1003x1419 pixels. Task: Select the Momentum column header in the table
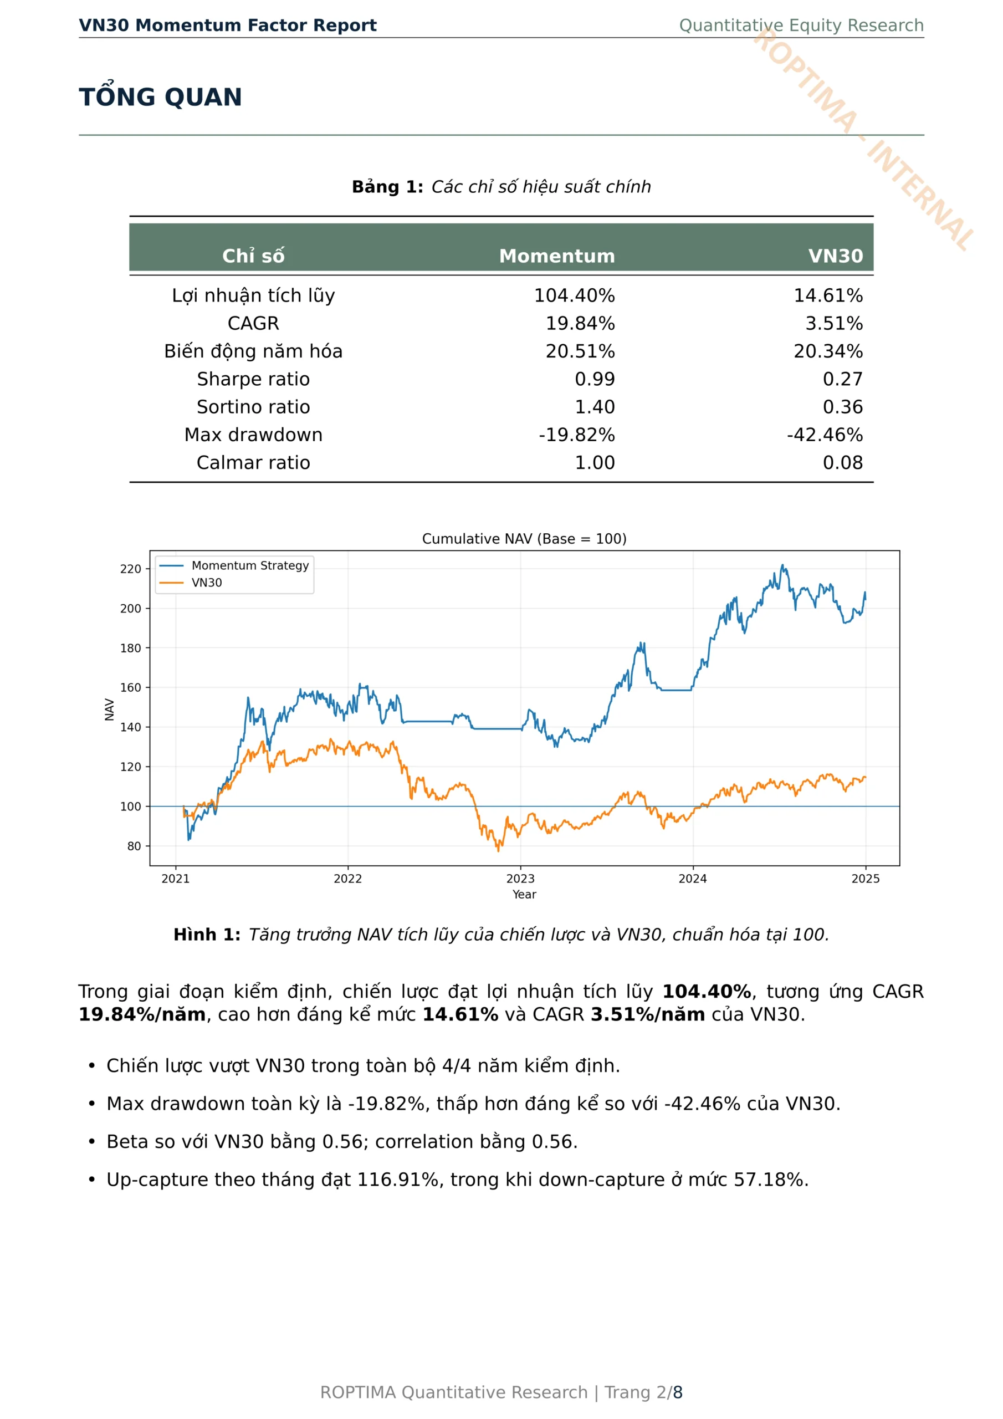[557, 256]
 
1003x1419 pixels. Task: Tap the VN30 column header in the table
[836, 256]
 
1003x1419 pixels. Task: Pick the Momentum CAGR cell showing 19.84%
[580, 323]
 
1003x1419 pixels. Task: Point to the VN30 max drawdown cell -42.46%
[825, 435]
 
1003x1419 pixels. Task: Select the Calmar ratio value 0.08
[842, 462]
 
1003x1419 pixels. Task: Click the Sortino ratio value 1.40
[595, 407]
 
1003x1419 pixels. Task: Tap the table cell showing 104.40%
[574, 295]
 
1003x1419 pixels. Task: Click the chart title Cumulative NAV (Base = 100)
[524, 538]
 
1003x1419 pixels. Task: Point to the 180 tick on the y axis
[130, 648]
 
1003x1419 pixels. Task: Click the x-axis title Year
[524, 894]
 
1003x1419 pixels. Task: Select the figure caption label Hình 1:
[207, 935]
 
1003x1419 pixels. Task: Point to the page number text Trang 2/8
[643, 1392]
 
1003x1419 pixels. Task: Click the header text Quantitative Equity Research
[801, 25]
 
